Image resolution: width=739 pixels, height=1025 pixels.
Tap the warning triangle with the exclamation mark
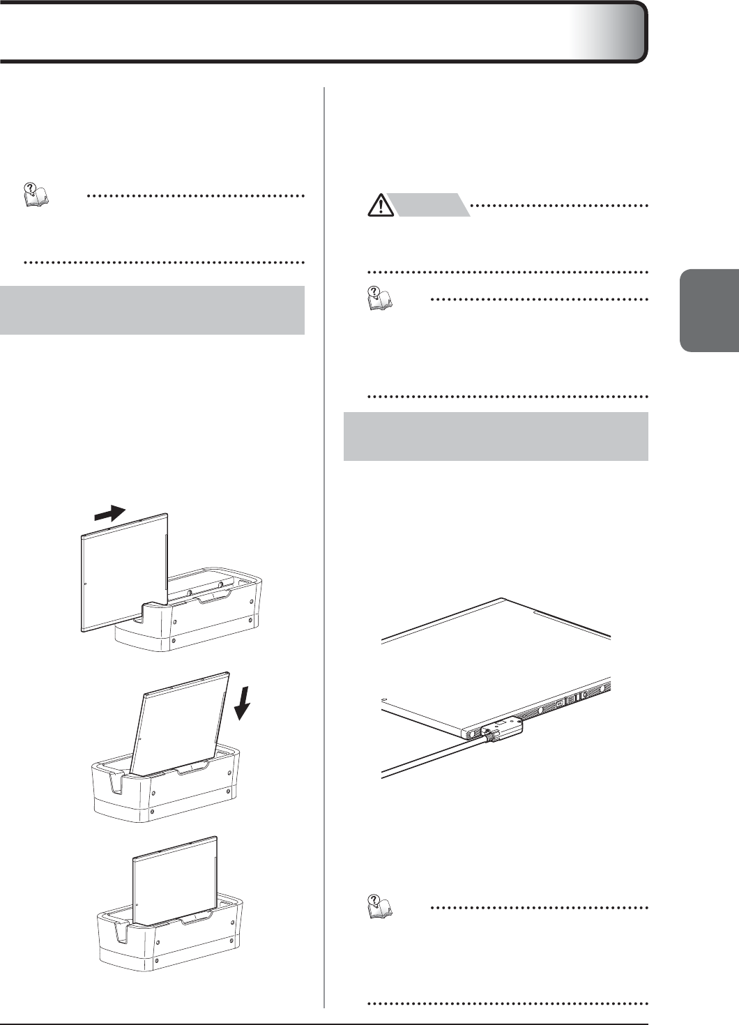click(381, 206)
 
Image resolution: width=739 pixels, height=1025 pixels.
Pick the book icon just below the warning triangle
click(381, 299)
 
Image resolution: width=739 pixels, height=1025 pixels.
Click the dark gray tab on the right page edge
click(709, 310)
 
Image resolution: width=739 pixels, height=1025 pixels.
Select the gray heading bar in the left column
click(152, 310)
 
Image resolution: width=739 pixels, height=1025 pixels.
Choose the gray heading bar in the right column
click(496, 436)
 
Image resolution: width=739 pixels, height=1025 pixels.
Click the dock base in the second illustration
click(167, 795)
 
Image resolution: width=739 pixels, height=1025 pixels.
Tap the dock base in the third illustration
click(171, 945)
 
